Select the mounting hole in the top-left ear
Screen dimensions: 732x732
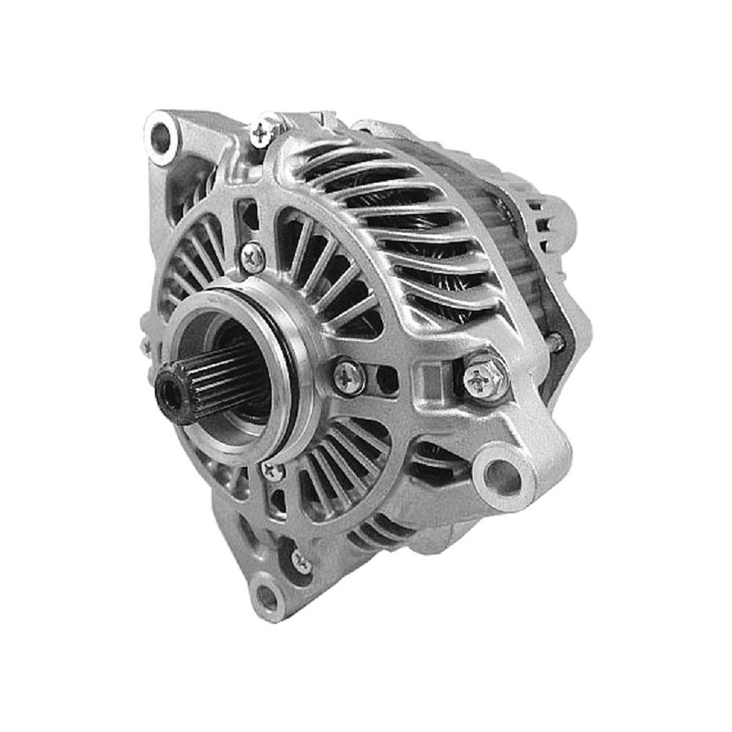[160, 137]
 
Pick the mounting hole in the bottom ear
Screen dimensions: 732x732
[266, 597]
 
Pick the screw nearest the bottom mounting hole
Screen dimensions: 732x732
[301, 561]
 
